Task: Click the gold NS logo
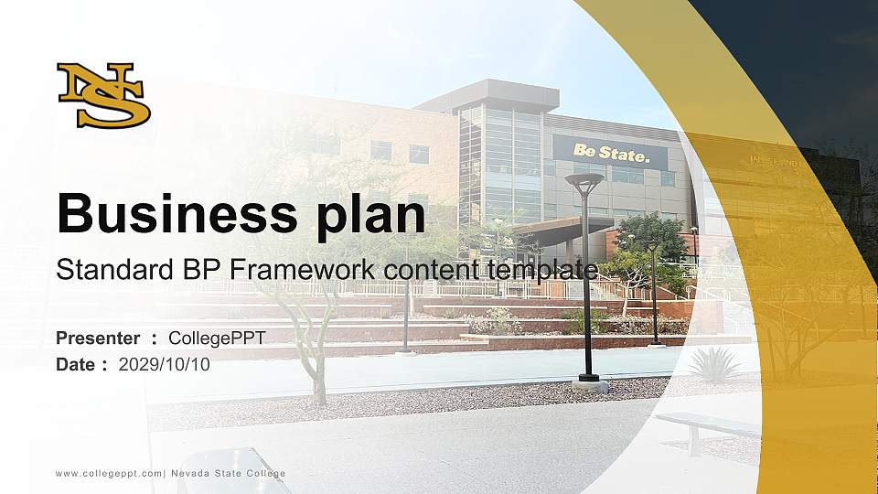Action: pyautogui.click(x=103, y=95)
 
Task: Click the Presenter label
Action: pyautogui.click(x=98, y=338)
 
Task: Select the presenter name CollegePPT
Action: pyautogui.click(x=217, y=338)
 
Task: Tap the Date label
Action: pyautogui.click(x=76, y=364)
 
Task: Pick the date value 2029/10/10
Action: pyautogui.click(x=164, y=364)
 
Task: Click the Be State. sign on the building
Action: pyautogui.click(x=610, y=153)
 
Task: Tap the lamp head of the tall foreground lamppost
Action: pyautogui.click(x=584, y=180)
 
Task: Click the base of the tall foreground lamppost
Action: pyautogui.click(x=589, y=383)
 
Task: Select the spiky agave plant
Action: pyautogui.click(x=713, y=365)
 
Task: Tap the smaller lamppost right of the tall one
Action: pyautogui.click(x=653, y=293)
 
